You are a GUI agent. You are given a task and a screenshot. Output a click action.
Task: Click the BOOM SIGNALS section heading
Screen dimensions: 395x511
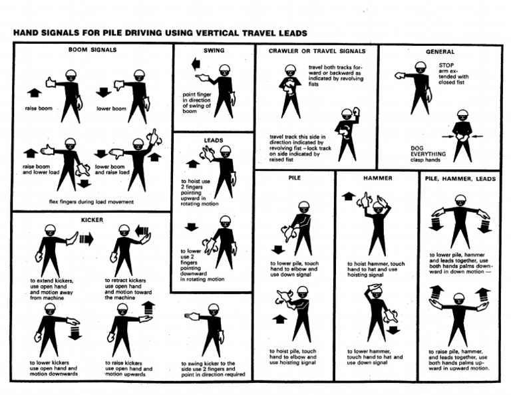pyautogui.click(x=92, y=49)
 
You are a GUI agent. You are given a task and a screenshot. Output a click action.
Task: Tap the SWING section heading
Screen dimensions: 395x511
pyautogui.click(x=214, y=51)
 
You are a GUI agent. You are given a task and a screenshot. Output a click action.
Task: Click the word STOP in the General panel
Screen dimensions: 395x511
pyautogui.click(x=446, y=65)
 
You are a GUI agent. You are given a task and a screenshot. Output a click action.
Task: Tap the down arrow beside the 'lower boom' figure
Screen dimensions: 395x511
pyautogui.click(x=103, y=92)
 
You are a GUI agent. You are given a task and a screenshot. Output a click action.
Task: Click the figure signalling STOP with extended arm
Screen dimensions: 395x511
pyautogui.click(x=417, y=86)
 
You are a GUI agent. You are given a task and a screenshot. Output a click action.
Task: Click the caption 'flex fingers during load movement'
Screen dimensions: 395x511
pyautogui.click(x=91, y=201)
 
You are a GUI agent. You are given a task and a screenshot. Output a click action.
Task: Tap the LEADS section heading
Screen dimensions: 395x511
pyautogui.click(x=214, y=140)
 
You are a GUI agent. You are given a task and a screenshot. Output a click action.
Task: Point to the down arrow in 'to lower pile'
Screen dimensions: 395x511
pyautogui.click(x=277, y=249)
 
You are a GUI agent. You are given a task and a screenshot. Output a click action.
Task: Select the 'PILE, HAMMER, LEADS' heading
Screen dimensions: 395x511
pyautogui.click(x=459, y=178)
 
